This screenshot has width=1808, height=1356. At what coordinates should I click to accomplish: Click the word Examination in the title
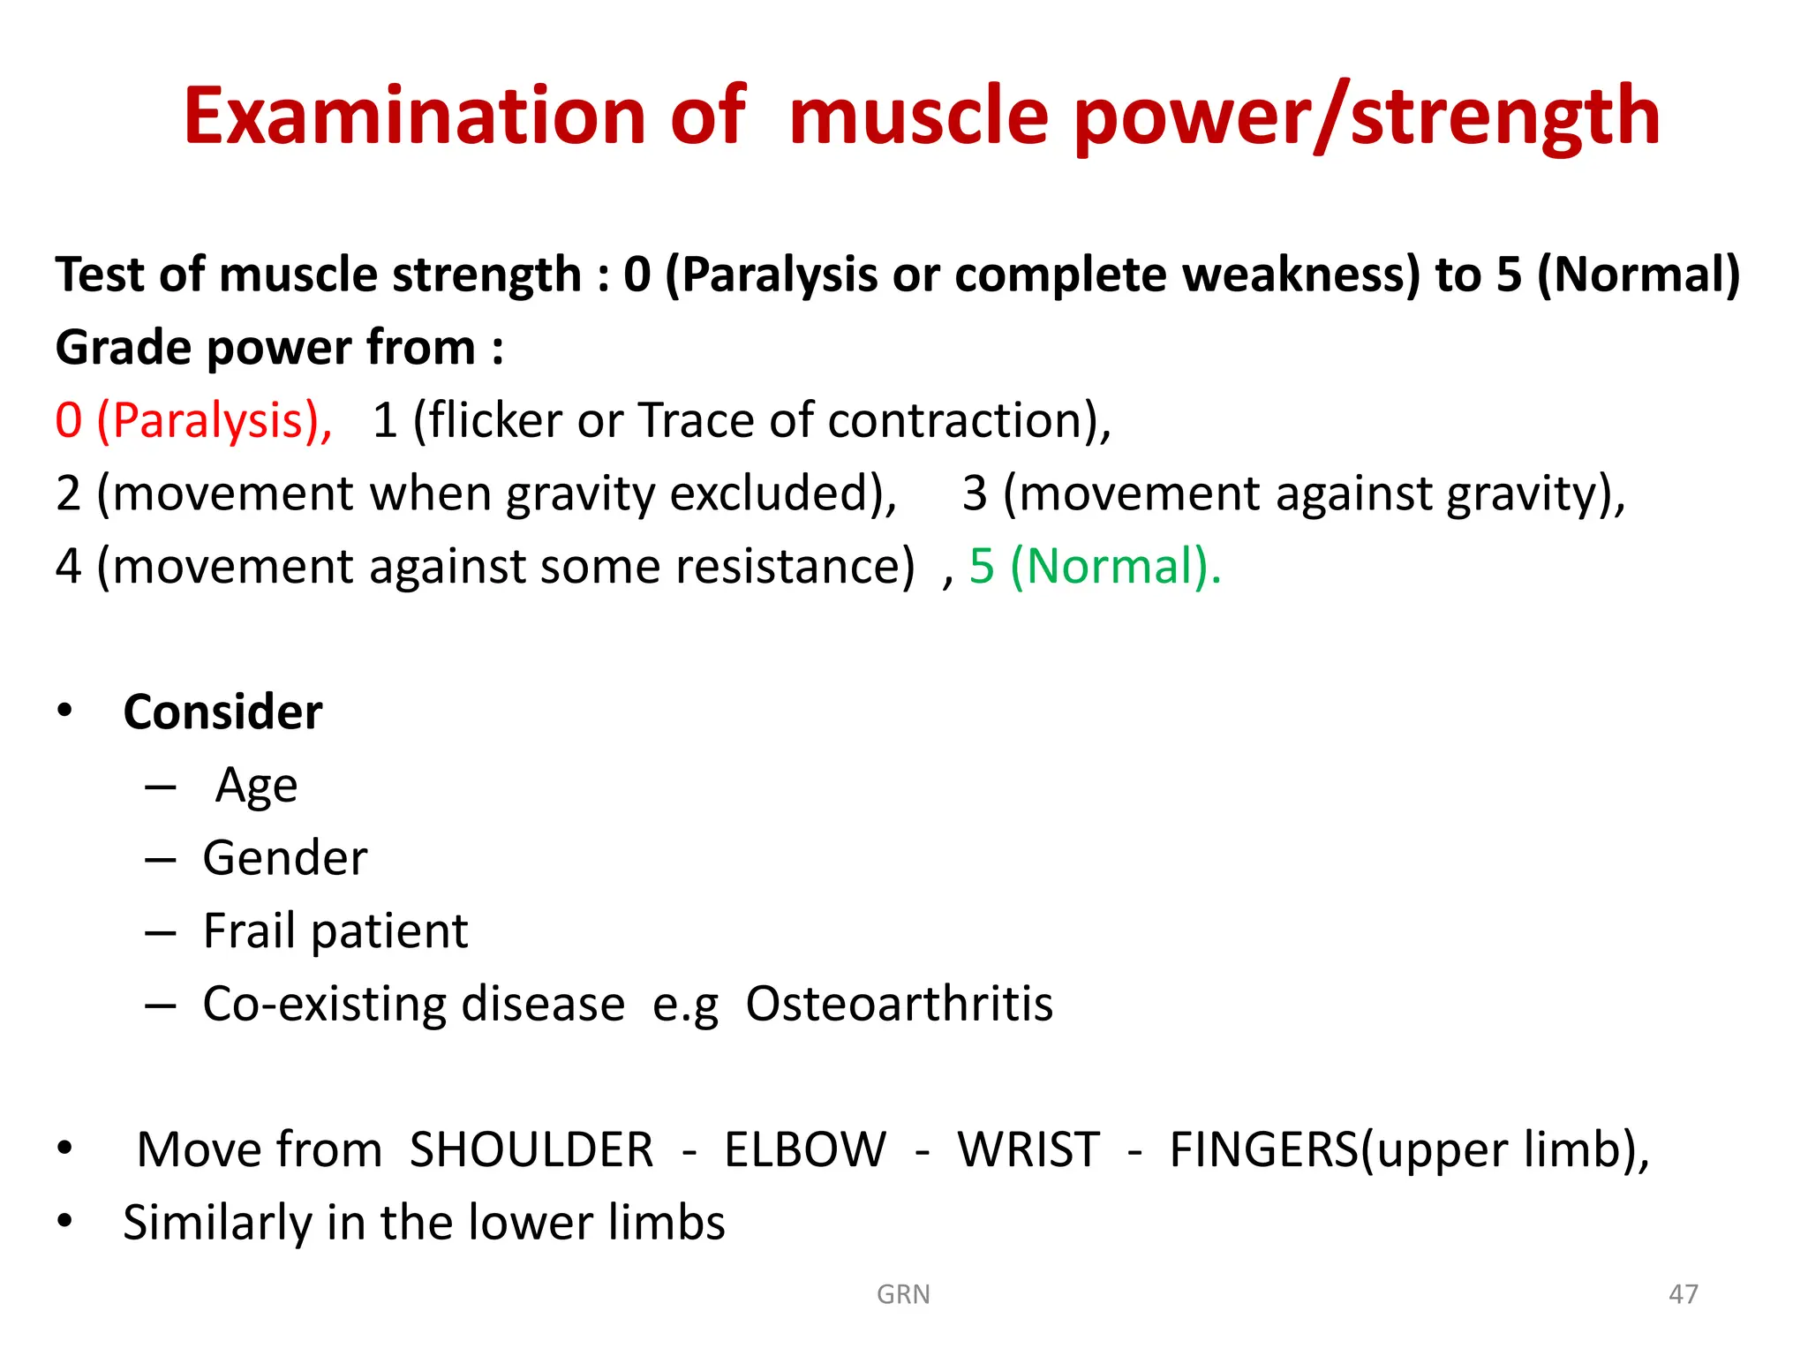click(415, 117)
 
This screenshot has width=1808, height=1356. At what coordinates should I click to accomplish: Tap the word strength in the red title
click(1505, 117)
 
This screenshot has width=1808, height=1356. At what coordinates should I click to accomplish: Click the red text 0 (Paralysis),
click(193, 420)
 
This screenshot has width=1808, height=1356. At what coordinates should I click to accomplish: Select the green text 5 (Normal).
click(1095, 566)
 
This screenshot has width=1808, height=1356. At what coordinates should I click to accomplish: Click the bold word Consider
click(222, 712)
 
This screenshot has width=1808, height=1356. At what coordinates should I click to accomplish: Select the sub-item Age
click(256, 786)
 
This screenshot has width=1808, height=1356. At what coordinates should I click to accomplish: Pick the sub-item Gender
click(284, 858)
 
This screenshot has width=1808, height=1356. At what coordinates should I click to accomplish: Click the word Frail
click(249, 931)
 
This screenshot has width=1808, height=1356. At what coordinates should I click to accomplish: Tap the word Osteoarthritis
click(899, 1005)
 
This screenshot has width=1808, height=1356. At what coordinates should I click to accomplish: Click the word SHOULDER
click(531, 1150)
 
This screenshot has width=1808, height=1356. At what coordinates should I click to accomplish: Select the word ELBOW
click(804, 1150)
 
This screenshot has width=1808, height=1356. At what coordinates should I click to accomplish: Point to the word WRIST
click(1028, 1150)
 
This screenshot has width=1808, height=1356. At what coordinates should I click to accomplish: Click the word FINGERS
click(1263, 1150)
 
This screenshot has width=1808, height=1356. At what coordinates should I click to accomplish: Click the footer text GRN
click(903, 1294)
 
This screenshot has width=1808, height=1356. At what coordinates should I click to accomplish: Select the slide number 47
click(1683, 1294)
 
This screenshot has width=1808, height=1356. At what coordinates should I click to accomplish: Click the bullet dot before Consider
click(64, 712)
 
